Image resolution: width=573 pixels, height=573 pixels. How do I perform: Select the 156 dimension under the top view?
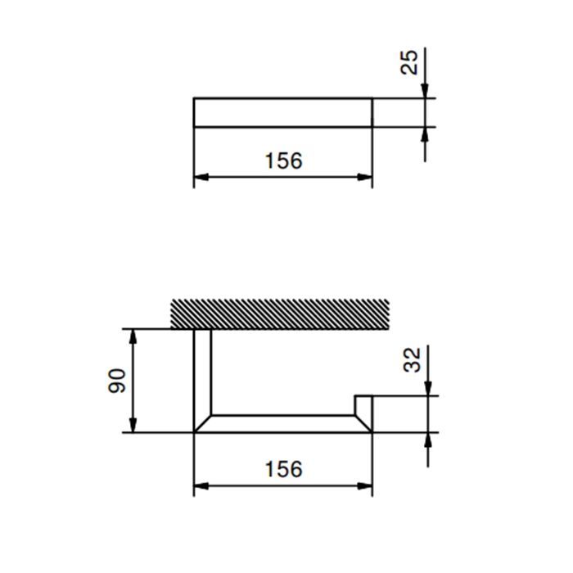[283, 160]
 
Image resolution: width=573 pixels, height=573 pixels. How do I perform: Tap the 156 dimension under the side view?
[283, 469]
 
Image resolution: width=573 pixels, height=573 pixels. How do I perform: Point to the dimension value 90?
[118, 380]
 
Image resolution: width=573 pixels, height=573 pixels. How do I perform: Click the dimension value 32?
[413, 359]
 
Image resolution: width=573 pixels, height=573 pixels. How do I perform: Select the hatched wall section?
[279, 315]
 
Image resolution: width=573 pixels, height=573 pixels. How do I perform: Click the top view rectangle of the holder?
[282, 112]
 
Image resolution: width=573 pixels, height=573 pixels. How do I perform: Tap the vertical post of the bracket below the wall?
[202, 372]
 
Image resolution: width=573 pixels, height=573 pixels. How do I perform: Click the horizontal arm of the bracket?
[282, 423]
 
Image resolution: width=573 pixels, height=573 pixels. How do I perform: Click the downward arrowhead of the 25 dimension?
[425, 91]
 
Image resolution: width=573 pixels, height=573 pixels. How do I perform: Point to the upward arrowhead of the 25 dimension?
[425, 134]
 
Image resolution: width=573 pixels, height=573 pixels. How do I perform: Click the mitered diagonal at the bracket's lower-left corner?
[203, 422]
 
